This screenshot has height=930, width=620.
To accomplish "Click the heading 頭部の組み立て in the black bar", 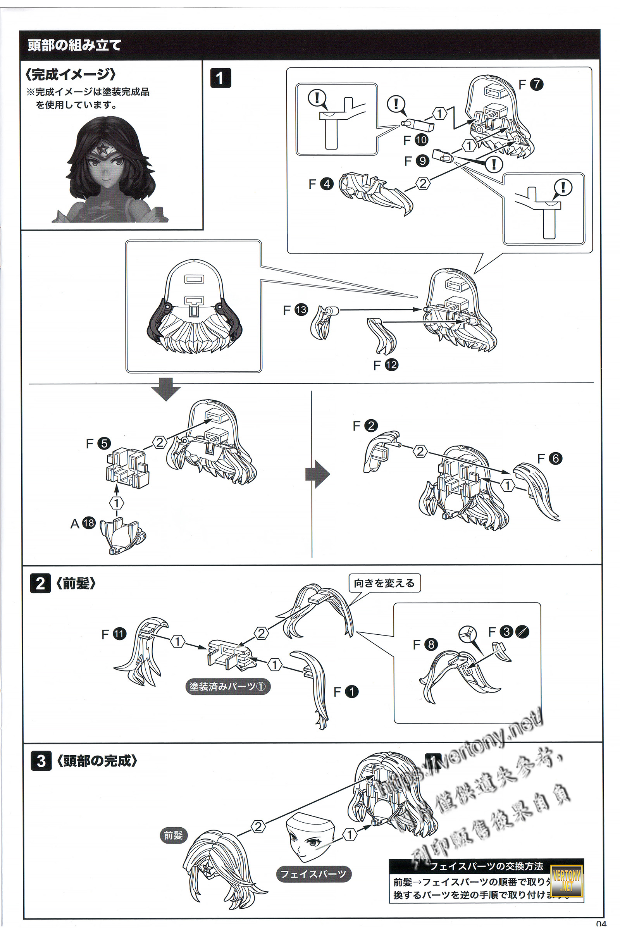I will point(74,45).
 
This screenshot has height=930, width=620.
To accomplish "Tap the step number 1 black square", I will point(220,78).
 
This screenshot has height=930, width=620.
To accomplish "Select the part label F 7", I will point(530,84).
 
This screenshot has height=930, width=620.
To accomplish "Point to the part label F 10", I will point(415,140).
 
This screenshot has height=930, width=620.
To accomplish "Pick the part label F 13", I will point(295,310).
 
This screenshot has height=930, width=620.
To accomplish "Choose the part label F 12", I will point(386,365).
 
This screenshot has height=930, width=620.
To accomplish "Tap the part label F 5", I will point(98,443).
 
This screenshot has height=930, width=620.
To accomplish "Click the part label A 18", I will point(83,523).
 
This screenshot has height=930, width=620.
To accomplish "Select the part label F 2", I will point(365,426).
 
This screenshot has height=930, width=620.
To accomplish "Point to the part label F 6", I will point(549,458).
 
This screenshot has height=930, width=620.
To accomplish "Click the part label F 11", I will point(114,634).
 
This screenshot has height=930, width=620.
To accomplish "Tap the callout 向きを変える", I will point(384,583).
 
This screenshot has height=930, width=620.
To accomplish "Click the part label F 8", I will point(425,644).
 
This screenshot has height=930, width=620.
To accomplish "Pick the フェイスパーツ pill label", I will point(313,874).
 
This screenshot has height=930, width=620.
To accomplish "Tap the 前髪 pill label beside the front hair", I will point(173,835).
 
